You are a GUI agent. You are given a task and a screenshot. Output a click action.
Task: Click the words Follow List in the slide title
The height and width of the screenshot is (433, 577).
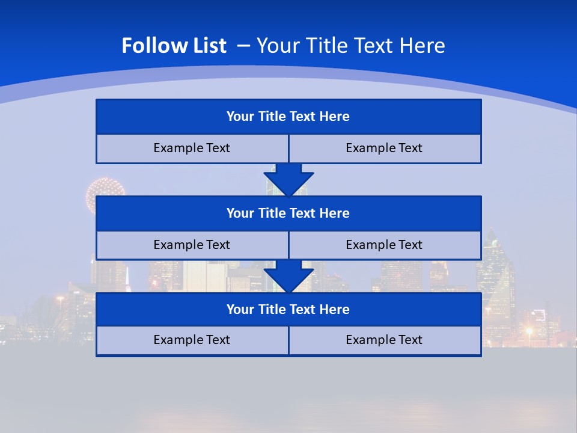(x=174, y=46)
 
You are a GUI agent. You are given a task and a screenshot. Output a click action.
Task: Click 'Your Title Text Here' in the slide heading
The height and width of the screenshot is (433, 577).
(x=350, y=46)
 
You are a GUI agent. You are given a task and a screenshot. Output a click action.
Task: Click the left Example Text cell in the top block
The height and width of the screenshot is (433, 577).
(x=192, y=149)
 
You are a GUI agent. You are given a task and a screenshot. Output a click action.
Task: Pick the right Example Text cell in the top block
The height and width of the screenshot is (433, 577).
(x=384, y=149)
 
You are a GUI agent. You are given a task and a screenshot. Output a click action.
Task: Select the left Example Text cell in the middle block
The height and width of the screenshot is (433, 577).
(x=192, y=245)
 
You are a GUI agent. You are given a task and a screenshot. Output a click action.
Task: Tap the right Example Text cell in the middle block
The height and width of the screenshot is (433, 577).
(x=384, y=245)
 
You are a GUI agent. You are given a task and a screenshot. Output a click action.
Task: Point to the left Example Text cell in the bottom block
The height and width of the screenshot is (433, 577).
(x=192, y=340)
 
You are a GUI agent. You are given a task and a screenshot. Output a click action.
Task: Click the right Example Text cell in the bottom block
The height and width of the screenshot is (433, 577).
(x=384, y=340)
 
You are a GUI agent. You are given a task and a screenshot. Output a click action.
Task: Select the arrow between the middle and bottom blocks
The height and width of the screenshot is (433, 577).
(x=288, y=277)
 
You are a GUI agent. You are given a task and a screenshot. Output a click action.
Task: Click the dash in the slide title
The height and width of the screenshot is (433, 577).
(x=243, y=45)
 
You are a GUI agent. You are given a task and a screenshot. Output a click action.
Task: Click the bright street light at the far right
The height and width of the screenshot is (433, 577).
(x=529, y=331)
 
